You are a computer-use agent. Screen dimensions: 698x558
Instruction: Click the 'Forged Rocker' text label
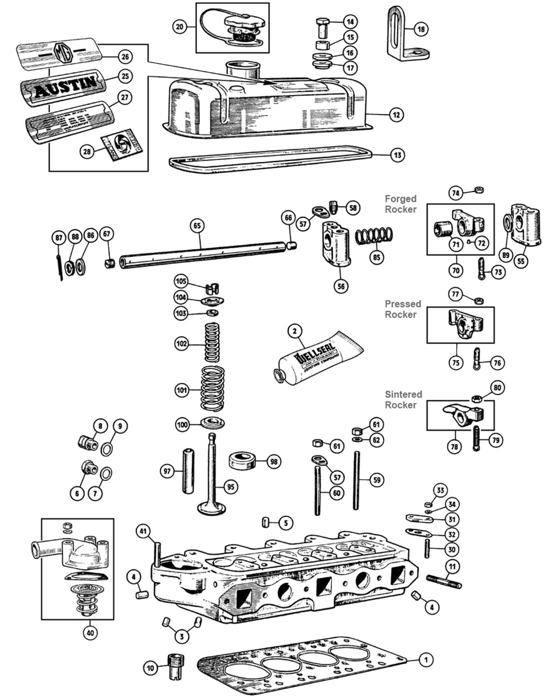click(x=400, y=204)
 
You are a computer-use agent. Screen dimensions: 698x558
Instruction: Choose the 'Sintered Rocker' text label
click(x=403, y=400)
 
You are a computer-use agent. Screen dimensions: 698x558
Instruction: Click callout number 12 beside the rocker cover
click(x=396, y=115)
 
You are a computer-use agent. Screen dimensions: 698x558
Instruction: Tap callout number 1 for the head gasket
click(x=426, y=660)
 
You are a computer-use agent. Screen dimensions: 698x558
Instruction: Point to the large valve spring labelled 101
click(x=212, y=390)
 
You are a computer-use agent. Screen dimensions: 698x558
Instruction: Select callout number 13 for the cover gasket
click(x=397, y=155)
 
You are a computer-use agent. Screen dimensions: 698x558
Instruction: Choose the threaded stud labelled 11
click(x=444, y=581)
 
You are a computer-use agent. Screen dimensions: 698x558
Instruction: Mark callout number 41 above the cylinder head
click(x=143, y=530)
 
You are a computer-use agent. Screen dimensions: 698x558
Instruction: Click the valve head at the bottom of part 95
click(x=212, y=507)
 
